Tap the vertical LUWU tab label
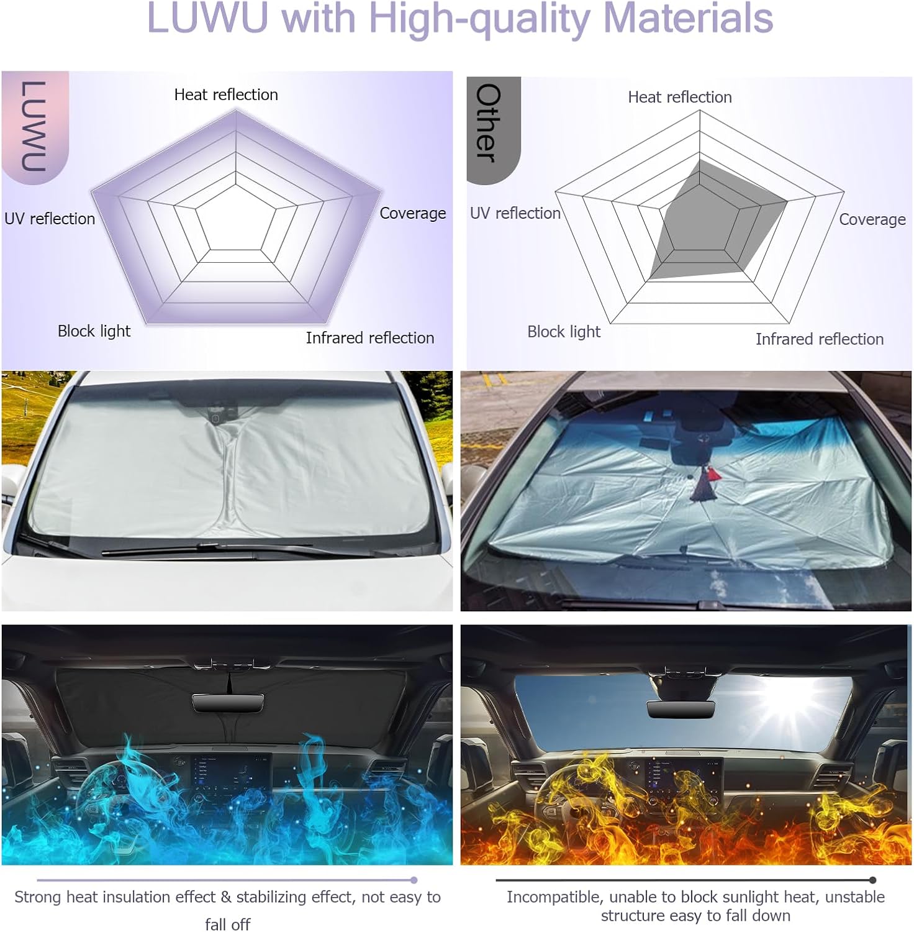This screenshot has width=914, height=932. tap(34, 126)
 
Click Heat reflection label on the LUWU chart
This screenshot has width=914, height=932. tap(226, 94)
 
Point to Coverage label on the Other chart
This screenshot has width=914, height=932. tap(872, 219)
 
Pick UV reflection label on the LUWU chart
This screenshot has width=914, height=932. tap(50, 219)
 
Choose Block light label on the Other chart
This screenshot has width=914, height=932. tap(564, 332)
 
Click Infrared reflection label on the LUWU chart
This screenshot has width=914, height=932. tap(370, 337)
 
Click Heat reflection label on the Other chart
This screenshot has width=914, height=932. tap(680, 97)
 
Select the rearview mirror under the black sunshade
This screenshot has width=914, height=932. tap(228, 703)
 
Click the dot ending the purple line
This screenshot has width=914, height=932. tap(414, 880)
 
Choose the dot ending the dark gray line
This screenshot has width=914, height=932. tap(873, 880)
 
